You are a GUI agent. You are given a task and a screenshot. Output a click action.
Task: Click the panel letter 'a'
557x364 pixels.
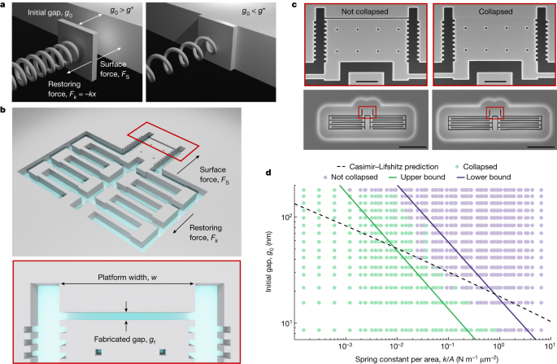pos(4,5)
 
